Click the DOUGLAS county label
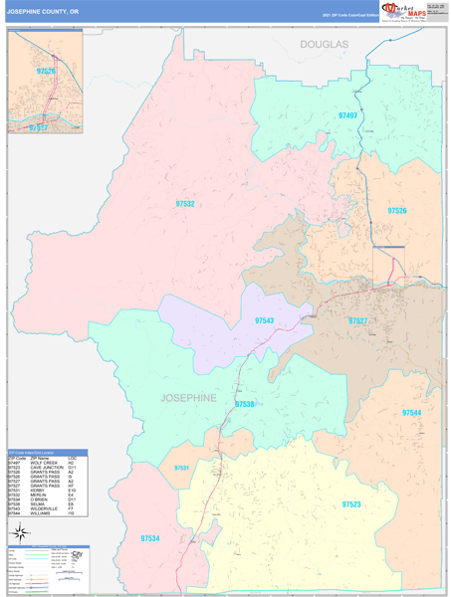[325, 46]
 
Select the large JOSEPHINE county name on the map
[188, 397]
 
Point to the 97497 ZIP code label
[347, 115]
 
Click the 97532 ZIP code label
[185, 203]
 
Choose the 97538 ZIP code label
[245, 404]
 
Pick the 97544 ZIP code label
[411, 411]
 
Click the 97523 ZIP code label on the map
[351, 504]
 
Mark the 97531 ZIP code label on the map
[181, 468]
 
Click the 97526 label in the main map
[397, 211]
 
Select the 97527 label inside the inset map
[39, 128]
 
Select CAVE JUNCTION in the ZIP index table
[47, 468]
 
